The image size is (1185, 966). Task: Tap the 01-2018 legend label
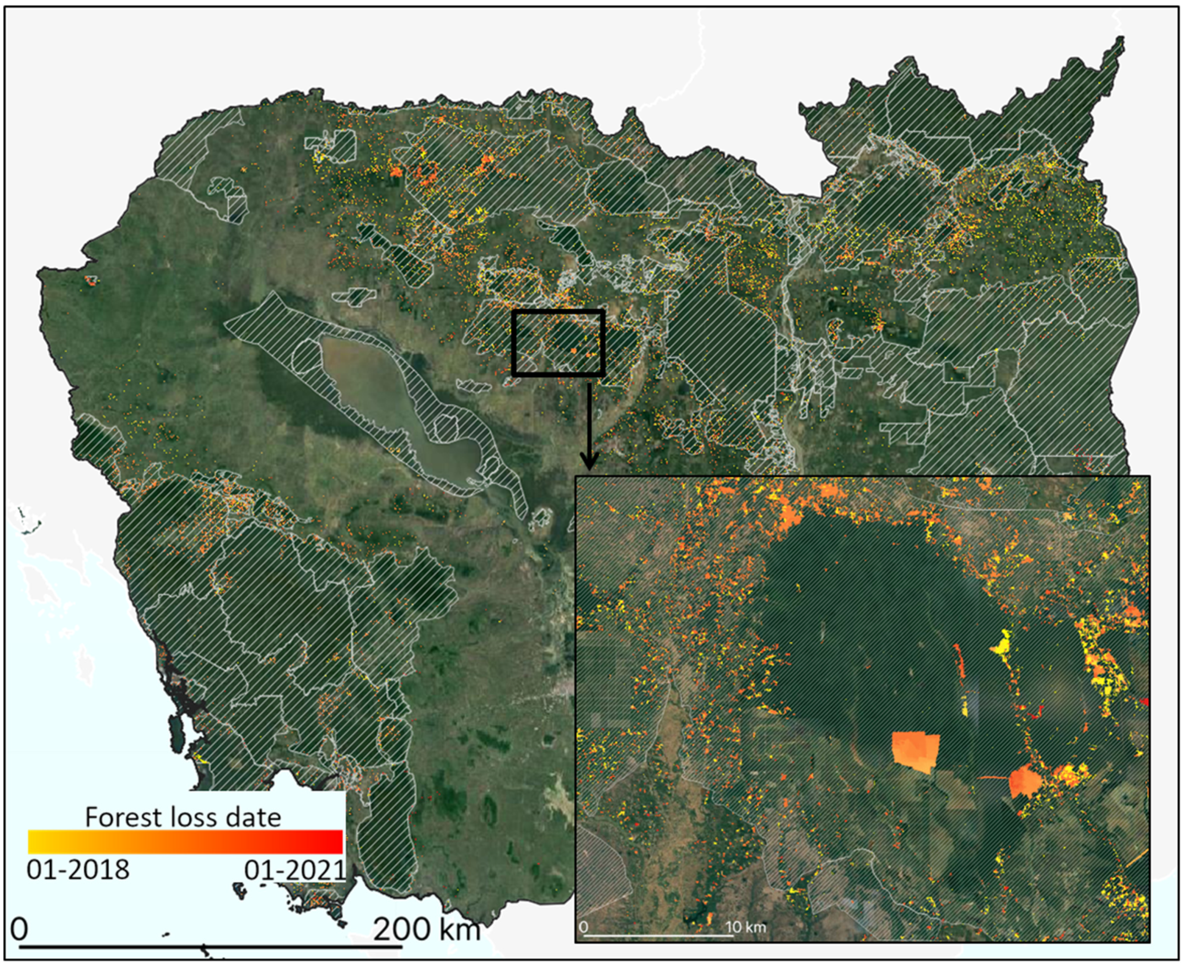tap(78, 869)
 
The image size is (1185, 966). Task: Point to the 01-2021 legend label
tap(295, 869)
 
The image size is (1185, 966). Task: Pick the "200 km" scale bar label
tap(426, 928)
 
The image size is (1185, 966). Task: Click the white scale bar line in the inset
tap(656, 935)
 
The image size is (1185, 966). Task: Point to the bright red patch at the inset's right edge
tap(1144, 702)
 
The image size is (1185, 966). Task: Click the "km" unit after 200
tap(460, 928)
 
